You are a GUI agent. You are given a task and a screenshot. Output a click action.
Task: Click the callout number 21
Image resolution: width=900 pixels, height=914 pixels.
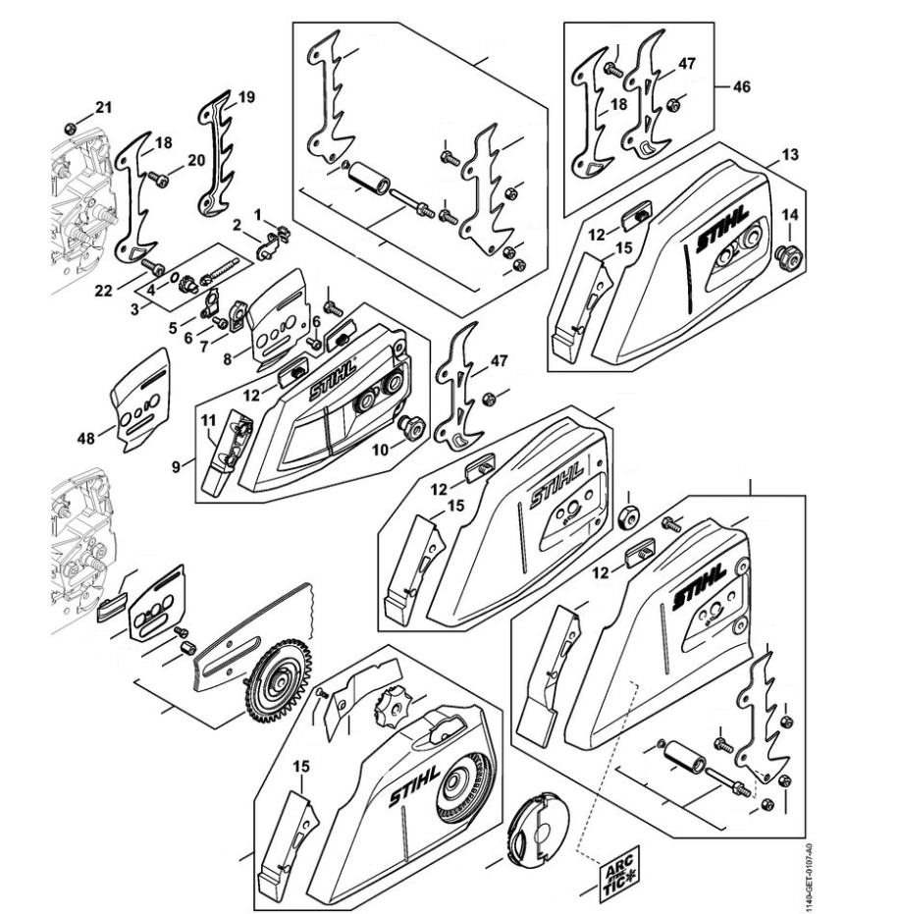(x=103, y=107)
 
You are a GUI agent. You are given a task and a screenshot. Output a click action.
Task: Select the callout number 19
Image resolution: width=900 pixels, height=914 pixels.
(x=246, y=97)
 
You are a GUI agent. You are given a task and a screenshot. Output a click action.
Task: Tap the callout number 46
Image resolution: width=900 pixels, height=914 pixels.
(x=741, y=86)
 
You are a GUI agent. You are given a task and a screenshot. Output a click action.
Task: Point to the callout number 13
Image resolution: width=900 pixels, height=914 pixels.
(x=790, y=154)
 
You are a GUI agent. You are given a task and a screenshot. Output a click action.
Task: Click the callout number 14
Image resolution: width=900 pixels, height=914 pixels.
(x=790, y=214)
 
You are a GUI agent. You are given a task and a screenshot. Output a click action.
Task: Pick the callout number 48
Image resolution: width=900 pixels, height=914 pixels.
(x=85, y=438)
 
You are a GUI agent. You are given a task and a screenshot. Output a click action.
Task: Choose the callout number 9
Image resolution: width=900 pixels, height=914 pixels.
(x=176, y=466)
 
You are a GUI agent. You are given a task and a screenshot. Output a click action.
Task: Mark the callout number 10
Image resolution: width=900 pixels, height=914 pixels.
(x=380, y=450)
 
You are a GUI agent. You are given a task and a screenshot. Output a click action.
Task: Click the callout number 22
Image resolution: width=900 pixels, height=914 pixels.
(x=103, y=290)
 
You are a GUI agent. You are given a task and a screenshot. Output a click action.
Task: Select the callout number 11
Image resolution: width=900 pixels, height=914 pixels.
(x=209, y=420)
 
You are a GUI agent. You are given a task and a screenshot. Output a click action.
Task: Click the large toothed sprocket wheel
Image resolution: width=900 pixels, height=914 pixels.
(x=278, y=680)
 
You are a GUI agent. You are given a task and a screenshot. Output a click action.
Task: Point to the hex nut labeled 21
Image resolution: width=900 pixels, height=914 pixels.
(x=69, y=128)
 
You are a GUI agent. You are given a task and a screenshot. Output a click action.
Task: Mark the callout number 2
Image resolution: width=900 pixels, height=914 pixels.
(x=237, y=225)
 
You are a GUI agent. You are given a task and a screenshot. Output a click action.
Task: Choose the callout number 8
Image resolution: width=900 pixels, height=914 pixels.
(x=228, y=358)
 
